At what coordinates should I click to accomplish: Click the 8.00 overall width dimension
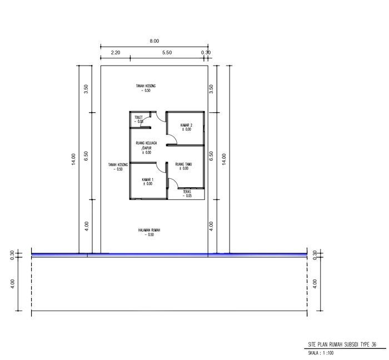[x=154, y=41]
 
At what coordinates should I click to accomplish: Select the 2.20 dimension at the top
[x=116, y=52]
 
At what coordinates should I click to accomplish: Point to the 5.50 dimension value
[x=167, y=52]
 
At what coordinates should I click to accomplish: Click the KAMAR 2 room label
[x=186, y=125]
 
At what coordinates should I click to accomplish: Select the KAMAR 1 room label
[x=147, y=179]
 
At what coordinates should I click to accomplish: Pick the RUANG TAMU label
[x=183, y=164]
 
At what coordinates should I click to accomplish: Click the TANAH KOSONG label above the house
[x=146, y=86]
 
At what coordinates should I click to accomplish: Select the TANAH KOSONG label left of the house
[x=118, y=164]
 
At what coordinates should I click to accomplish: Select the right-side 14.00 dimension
[x=224, y=159]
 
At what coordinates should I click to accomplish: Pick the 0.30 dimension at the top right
[x=206, y=52]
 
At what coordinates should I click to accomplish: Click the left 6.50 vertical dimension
[x=86, y=156]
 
